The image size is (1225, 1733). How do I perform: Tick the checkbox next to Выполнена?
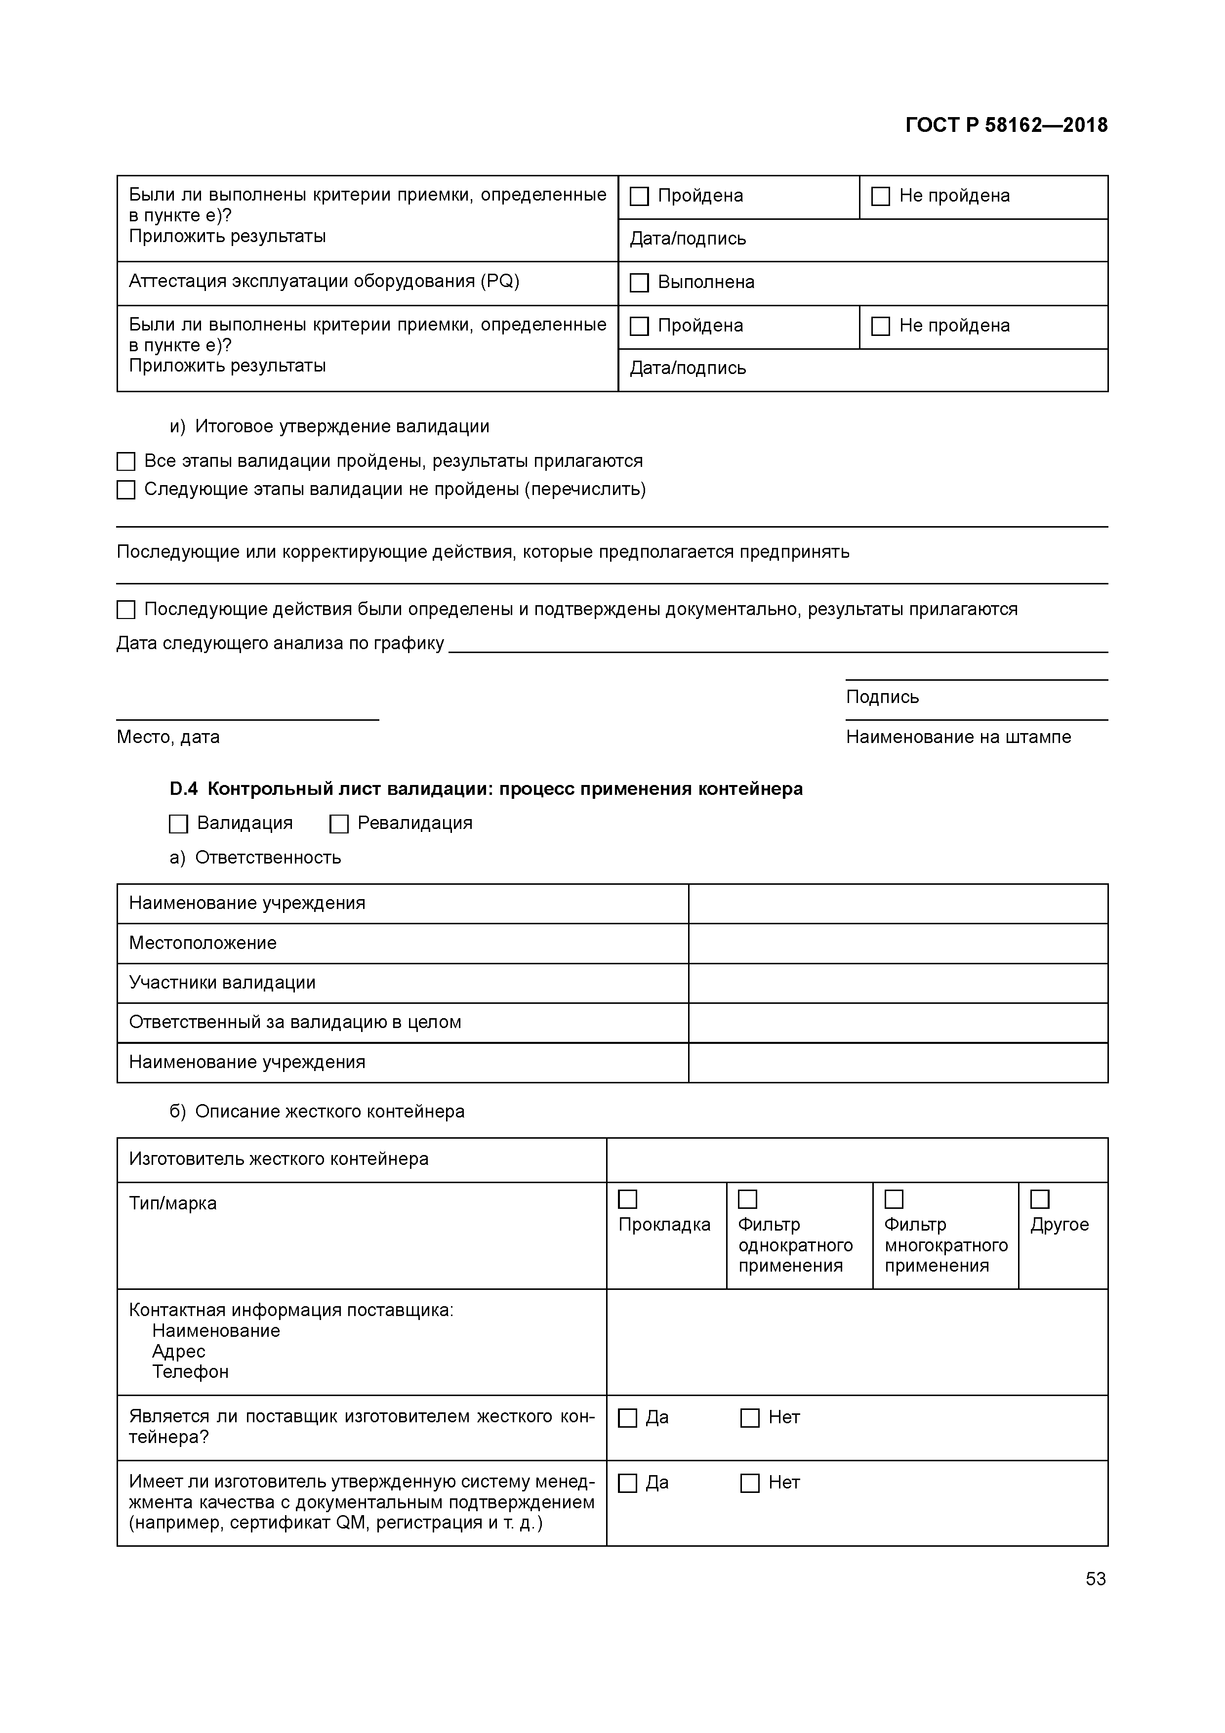pyautogui.click(x=639, y=283)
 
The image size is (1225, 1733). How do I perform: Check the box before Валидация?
pyautogui.click(x=178, y=824)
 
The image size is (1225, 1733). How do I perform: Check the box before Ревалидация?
pyautogui.click(x=339, y=824)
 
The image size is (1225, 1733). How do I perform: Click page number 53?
pyautogui.click(x=1095, y=1579)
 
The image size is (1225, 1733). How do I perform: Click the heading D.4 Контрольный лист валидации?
pyautogui.click(x=486, y=789)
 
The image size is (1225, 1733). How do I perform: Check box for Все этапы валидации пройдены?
pyautogui.click(x=126, y=462)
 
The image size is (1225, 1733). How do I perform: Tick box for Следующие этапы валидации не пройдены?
pyautogui.click(x=126, y=491)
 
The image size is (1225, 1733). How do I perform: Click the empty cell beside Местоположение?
pyautogui.click(x=898, y=944)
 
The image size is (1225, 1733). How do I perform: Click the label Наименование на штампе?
pyautogui.click(x=958, y=738)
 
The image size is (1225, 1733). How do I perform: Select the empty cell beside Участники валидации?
pyautogui.click(x=898, y=984)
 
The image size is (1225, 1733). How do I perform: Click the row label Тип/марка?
pyautogui.click(x=173, y=1204)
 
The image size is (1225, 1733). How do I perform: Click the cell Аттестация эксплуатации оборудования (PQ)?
pyautogui.click(x=324, y=282)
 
